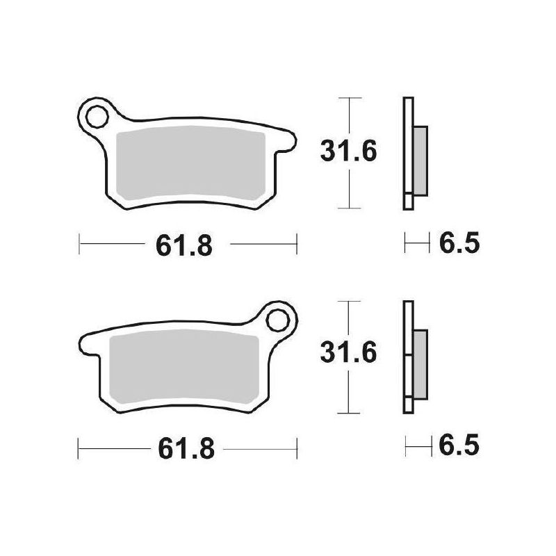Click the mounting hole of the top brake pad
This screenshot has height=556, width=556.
pyautogui.click(x=97, y=117)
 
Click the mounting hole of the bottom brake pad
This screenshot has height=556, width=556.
pyautogui.click(x=277, y=320)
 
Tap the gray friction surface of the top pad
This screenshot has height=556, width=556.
pyautogui.click(x=190, y=163)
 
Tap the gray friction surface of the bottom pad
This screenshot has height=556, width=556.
pyautogui.click(x=184, y=367)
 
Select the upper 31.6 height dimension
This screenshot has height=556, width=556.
pyautogui.click(x=348, y=152)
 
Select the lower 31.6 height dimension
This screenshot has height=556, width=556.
pyautogui.click(x=348, y=352)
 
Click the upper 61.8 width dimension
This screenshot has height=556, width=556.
pyautogui.click(x=184, y=245)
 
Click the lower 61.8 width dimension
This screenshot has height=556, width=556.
pyautogui.click(x=186, y=448)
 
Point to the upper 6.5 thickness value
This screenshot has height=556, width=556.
pyautogui.click(x=459, y=243)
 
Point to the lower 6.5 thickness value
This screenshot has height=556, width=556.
pyautogui.click(x=459, y=445)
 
